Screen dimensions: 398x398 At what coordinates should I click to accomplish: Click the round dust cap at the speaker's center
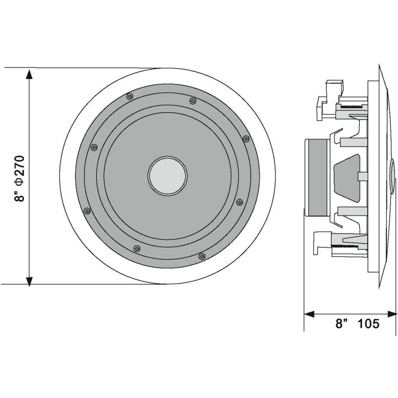coord(167,176)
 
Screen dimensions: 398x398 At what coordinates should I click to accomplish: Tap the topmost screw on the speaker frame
coord(129,96)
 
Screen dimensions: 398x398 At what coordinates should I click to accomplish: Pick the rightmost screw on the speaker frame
coord(246,138)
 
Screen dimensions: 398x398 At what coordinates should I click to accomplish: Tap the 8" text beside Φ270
coord(20,195)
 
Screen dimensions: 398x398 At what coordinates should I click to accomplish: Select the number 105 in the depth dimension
coord(369,324)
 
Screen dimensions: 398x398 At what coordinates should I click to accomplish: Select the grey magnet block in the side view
coord(318,177)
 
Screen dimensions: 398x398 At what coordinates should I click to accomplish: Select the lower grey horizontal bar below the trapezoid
coord(350,211)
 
